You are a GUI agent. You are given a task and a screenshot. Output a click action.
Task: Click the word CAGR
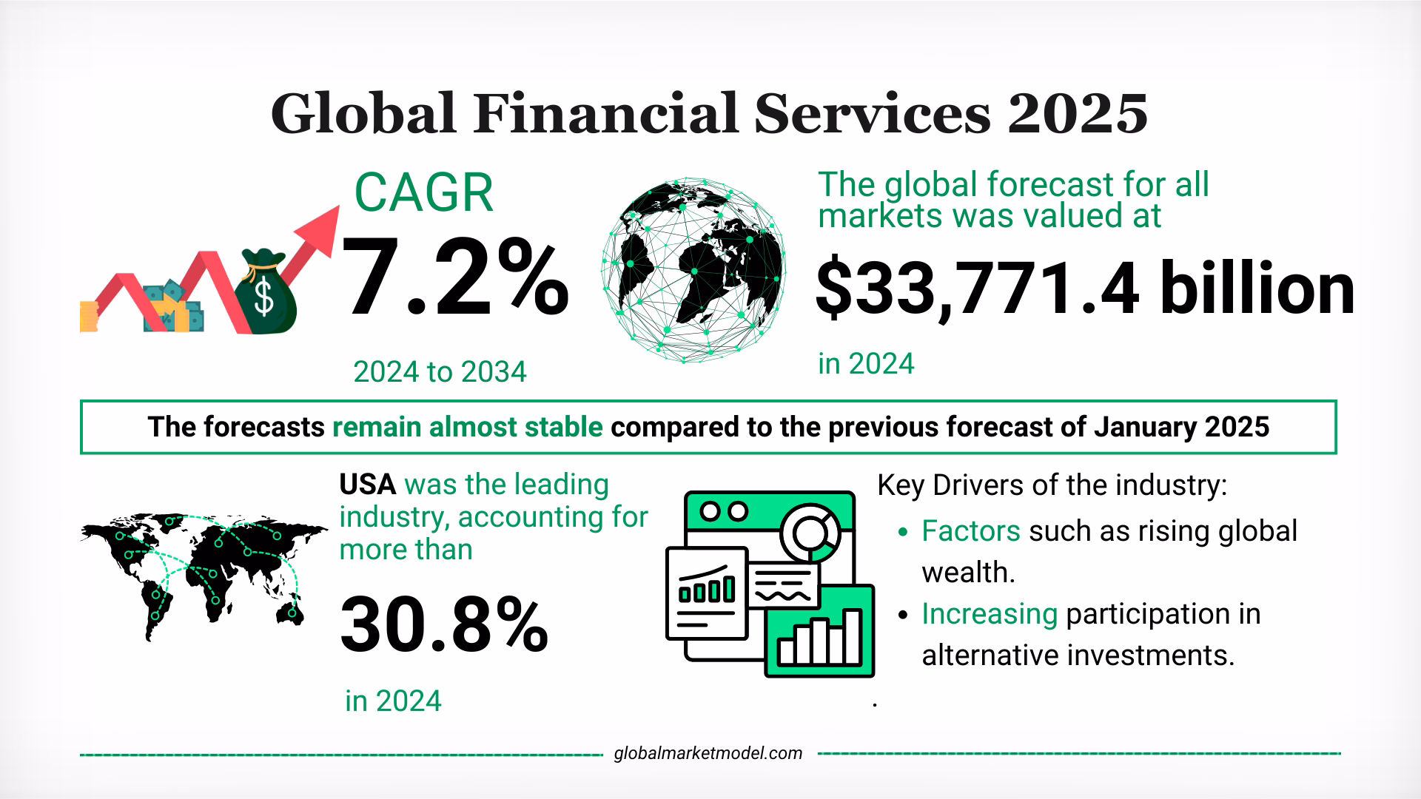tap(423, 193)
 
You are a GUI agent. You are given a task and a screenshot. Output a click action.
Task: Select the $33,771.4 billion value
tap(1084, 290)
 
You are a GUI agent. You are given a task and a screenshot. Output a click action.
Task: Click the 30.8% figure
tap(443, 627)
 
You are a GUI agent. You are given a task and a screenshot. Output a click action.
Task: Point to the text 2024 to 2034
tap(440, 371)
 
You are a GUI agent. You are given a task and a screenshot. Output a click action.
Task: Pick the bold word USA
tap(367, 485)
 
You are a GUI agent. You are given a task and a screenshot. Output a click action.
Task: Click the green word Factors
tap(970, 530)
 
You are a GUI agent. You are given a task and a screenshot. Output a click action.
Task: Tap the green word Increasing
tap(989, 614)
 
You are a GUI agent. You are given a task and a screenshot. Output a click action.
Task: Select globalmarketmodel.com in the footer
tap(708, 753)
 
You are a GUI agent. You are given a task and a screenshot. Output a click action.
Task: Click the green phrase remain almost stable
tap(468, 427)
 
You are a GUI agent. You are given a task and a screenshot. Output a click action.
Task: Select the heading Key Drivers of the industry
tap(1052, 485)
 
